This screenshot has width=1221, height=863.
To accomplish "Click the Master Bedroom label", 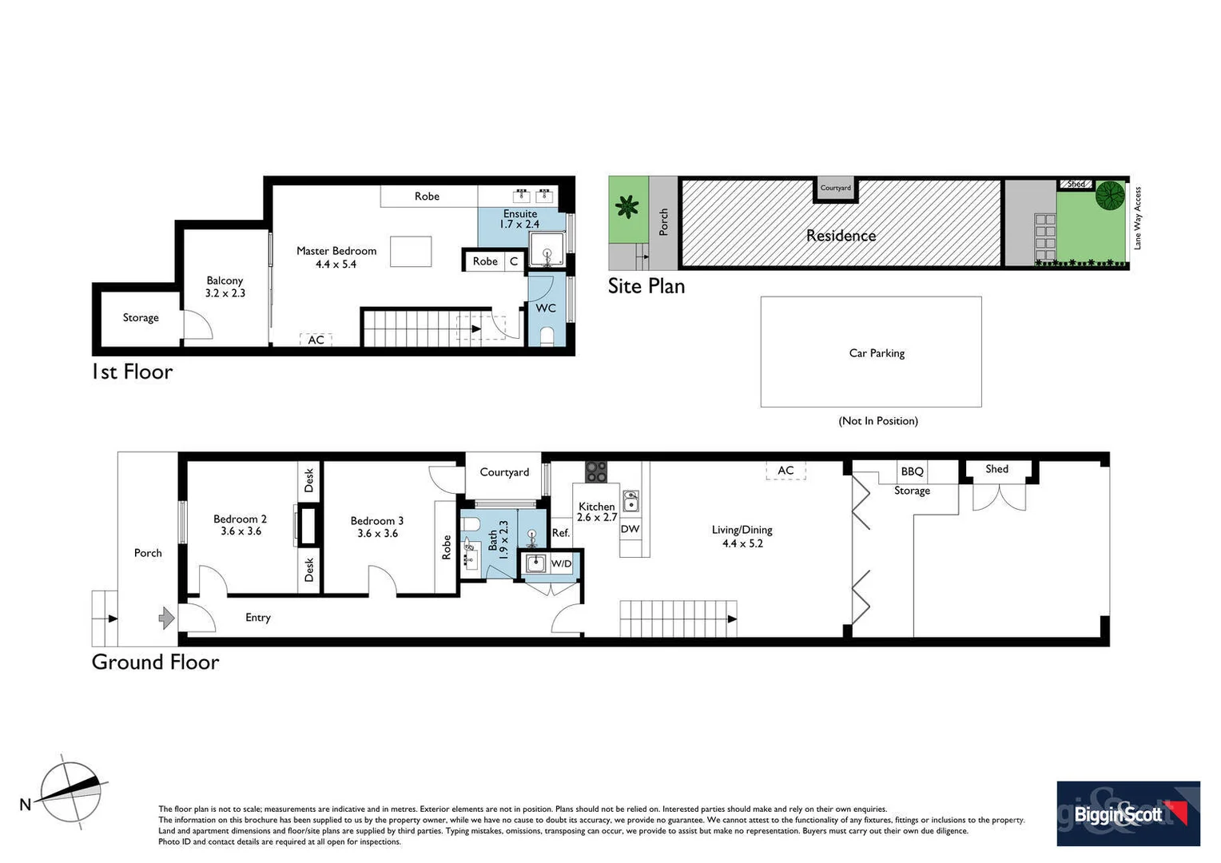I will tap(336, 251).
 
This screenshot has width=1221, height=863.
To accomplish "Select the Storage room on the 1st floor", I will tap(141, 318).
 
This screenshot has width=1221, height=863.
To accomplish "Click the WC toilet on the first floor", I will tap(547, 336).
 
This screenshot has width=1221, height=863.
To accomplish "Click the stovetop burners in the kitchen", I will tap(596, 471).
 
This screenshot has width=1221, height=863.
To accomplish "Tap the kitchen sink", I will tap(630, 501).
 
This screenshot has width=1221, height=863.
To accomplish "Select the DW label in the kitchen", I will tap(630, 529).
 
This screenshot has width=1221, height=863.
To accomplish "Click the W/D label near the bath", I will tap(561, 564).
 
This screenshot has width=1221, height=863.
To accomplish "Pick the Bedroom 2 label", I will tap(241, 519).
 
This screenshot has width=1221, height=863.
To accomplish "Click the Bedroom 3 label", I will tap(377, 521).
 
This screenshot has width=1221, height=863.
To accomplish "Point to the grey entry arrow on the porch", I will tap(167, 618).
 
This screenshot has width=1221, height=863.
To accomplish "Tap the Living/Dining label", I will tap(742, 530).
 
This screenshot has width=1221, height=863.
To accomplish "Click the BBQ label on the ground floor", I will tap(912, 471).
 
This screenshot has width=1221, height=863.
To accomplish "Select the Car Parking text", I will tap(877, 353).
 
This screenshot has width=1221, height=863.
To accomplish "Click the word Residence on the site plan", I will tap(841, 236).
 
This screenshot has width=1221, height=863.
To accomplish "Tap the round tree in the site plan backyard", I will tap(1109, 195).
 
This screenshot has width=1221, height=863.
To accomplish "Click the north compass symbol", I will tap(71, 791).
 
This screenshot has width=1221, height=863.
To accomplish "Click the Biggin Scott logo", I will tap(1128, 813).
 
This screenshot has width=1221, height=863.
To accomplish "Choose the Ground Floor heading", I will tap(156, 662).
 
